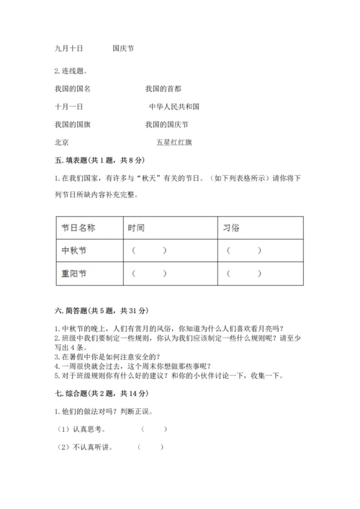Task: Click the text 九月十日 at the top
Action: pos(68,48)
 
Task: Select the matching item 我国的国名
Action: pos(72,88)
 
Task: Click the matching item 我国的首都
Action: pos(163,88)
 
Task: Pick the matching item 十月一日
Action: pos(68,106)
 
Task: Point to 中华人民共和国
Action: pos(174,106)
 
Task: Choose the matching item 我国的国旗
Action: pos(72,124)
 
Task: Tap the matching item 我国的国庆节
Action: pos(166,124)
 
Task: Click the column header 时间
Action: pos(136,227)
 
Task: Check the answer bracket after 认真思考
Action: pos(155,428)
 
